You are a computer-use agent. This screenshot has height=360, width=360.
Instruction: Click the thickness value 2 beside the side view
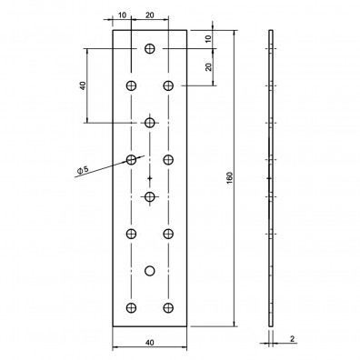tap(292, 339)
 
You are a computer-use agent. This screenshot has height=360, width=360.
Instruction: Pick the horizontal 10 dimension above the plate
tap(122, 15)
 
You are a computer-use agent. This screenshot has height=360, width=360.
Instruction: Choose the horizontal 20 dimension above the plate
tap(149, 15)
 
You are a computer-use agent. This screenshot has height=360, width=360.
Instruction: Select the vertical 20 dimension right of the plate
tap(208, 66)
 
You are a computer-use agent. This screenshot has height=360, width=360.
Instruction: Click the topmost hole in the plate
tap(150, 47)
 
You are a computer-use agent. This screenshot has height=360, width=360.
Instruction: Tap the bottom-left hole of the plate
tap(132, 306)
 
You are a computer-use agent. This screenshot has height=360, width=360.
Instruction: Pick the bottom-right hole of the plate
tap(169, 306)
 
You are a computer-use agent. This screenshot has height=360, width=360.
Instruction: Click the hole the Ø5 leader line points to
tap(132, 159)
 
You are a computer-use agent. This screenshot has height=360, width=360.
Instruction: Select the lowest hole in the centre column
tap(150, 270)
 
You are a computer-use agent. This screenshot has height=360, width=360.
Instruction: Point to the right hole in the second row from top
tap(169, 85)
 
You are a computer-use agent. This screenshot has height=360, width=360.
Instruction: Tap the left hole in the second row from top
tap(132, 85)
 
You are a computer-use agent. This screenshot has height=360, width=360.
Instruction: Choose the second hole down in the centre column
tap(150, 122)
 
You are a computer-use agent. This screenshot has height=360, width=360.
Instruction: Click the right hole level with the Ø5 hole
tap(169, 159)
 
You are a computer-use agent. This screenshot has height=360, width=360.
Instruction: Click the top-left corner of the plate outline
tap(114, 30)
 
